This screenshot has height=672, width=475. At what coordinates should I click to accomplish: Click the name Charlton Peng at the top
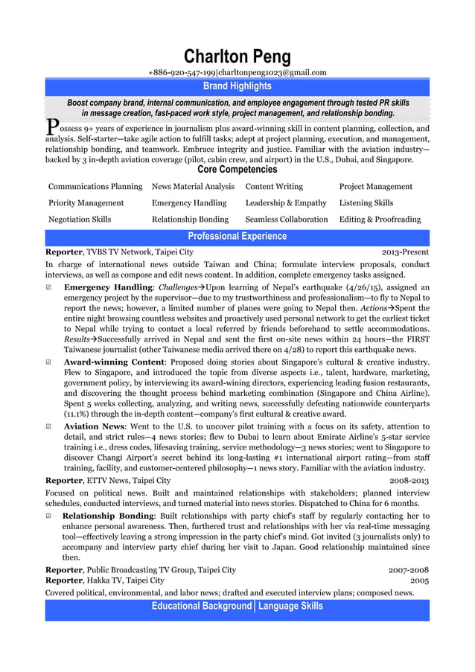238,57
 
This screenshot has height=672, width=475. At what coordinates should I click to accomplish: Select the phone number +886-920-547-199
182,72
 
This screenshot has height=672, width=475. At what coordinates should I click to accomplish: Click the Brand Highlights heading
238,86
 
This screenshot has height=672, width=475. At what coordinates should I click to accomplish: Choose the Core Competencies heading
238,170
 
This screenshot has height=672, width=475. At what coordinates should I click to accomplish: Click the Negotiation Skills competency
80,220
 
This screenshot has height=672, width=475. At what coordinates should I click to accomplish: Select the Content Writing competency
274,187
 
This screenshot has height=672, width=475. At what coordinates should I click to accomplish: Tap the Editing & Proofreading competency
380,220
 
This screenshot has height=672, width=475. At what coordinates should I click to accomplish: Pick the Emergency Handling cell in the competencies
189,203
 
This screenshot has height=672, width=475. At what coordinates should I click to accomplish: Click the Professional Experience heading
238,237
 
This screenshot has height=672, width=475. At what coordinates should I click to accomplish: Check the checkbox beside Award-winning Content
49,362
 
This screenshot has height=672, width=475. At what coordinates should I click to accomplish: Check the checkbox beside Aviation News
49,426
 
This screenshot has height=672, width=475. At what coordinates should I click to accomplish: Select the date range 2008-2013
409,481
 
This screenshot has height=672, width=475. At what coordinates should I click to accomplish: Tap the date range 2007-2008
409,570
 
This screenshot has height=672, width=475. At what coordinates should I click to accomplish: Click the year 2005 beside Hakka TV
419,580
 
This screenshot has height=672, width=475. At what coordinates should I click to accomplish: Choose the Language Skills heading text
290,607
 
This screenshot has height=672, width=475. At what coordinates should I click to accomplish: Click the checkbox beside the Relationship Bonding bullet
49,516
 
